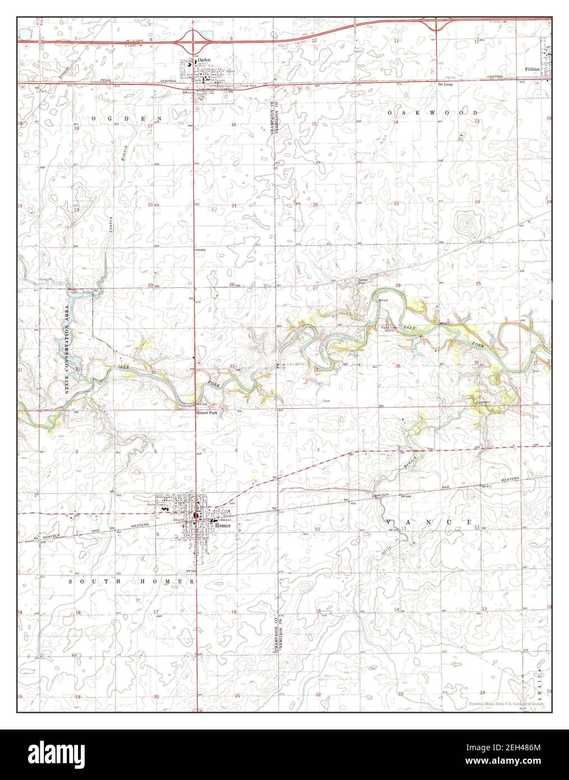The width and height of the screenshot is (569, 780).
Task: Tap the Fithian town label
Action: pyautogui.click(x=533, y=69)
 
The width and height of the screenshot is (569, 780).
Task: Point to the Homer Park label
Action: pyautogui.click(x=206, y=413)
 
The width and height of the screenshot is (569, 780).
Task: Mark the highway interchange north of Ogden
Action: pyautogui.click(x=195, y=39)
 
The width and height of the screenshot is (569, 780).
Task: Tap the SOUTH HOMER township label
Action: pyautogui.click(x=132, y=581)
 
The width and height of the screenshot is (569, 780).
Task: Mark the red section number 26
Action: pyautogui.click(x=397, y=286)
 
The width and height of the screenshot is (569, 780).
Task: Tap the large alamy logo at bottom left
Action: pyautogui.click(x=62, y=755)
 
